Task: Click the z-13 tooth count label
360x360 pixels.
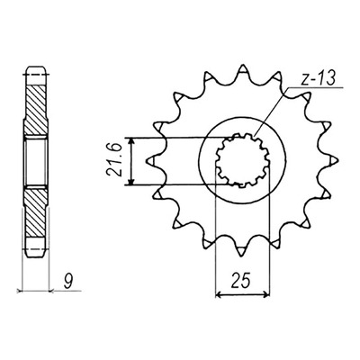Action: pos(318,79)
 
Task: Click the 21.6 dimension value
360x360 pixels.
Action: pos(112,161)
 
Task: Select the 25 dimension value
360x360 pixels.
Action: pos(242,282)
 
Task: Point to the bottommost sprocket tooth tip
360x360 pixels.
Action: pos(242,255)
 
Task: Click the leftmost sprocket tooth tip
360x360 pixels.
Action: pos(148,161)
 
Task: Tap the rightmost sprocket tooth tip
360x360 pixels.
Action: pos(337,161)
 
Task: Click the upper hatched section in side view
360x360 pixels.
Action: pos(35,111)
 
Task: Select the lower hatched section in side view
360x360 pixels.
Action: pos(35,211)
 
